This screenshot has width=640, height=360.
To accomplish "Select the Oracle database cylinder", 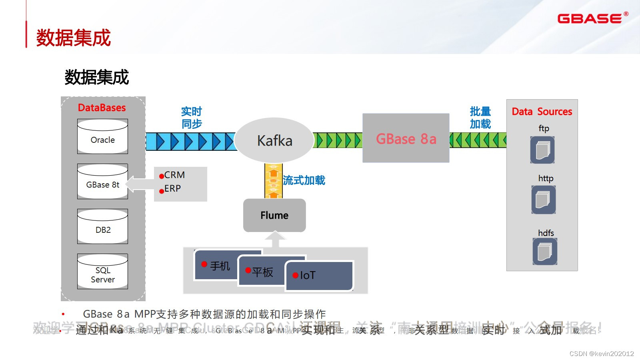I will pos(103,137).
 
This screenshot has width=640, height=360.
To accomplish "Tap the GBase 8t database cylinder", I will pos(103,182).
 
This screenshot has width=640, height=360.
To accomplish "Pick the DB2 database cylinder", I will pos(103,227).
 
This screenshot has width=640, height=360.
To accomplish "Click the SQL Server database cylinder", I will pos(103,272).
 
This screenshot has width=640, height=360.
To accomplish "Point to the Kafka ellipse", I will pos(274,140).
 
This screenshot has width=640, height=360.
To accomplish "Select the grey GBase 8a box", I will pos(406,138).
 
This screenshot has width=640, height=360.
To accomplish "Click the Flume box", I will pos(274,215).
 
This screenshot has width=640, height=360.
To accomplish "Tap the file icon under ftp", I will pos(542,150).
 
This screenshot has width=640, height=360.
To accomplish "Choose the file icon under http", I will pos(544,200).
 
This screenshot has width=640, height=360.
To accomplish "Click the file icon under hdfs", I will pos(545,252).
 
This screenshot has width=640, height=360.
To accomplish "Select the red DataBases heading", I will pos(102,108).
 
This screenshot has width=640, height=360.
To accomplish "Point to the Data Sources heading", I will pos(542,112).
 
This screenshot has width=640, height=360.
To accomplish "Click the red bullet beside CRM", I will pos(162,176).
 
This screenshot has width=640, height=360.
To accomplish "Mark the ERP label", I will pos(172,188).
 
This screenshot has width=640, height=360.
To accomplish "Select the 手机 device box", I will pos(216,266).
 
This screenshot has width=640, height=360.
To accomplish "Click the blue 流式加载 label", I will pos(304,180).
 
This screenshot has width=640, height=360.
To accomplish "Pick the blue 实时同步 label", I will pos(192,118).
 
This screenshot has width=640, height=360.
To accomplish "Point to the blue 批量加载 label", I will pos(480,118).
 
